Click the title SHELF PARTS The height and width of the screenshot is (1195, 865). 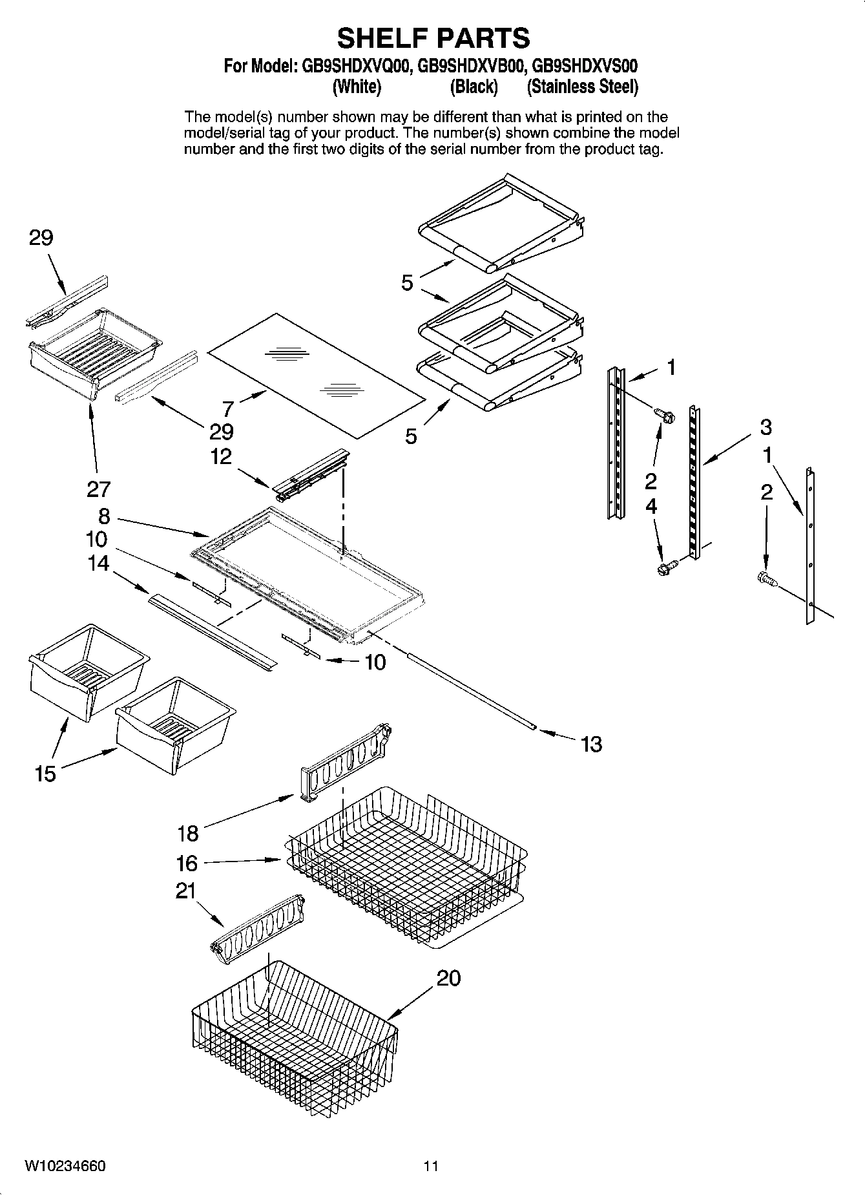pos(433,38)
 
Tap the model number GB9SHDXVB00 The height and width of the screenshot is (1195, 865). pos(470,66)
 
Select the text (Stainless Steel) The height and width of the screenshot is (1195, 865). pos(582,87)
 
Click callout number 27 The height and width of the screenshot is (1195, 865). pos(99,489)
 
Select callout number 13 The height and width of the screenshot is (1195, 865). pos(591,744)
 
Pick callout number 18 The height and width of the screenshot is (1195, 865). pos(188,833)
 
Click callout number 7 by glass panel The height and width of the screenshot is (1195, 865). pos(227,408)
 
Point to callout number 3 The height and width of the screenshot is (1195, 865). pos(766,427)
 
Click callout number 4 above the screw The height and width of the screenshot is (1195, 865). pos(651,506)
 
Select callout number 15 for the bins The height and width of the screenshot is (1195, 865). pos(45,773)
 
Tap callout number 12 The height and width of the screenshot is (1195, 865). pos(221,456)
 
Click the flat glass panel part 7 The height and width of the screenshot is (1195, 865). pos(317,375)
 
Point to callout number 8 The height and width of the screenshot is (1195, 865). pos(105,516)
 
